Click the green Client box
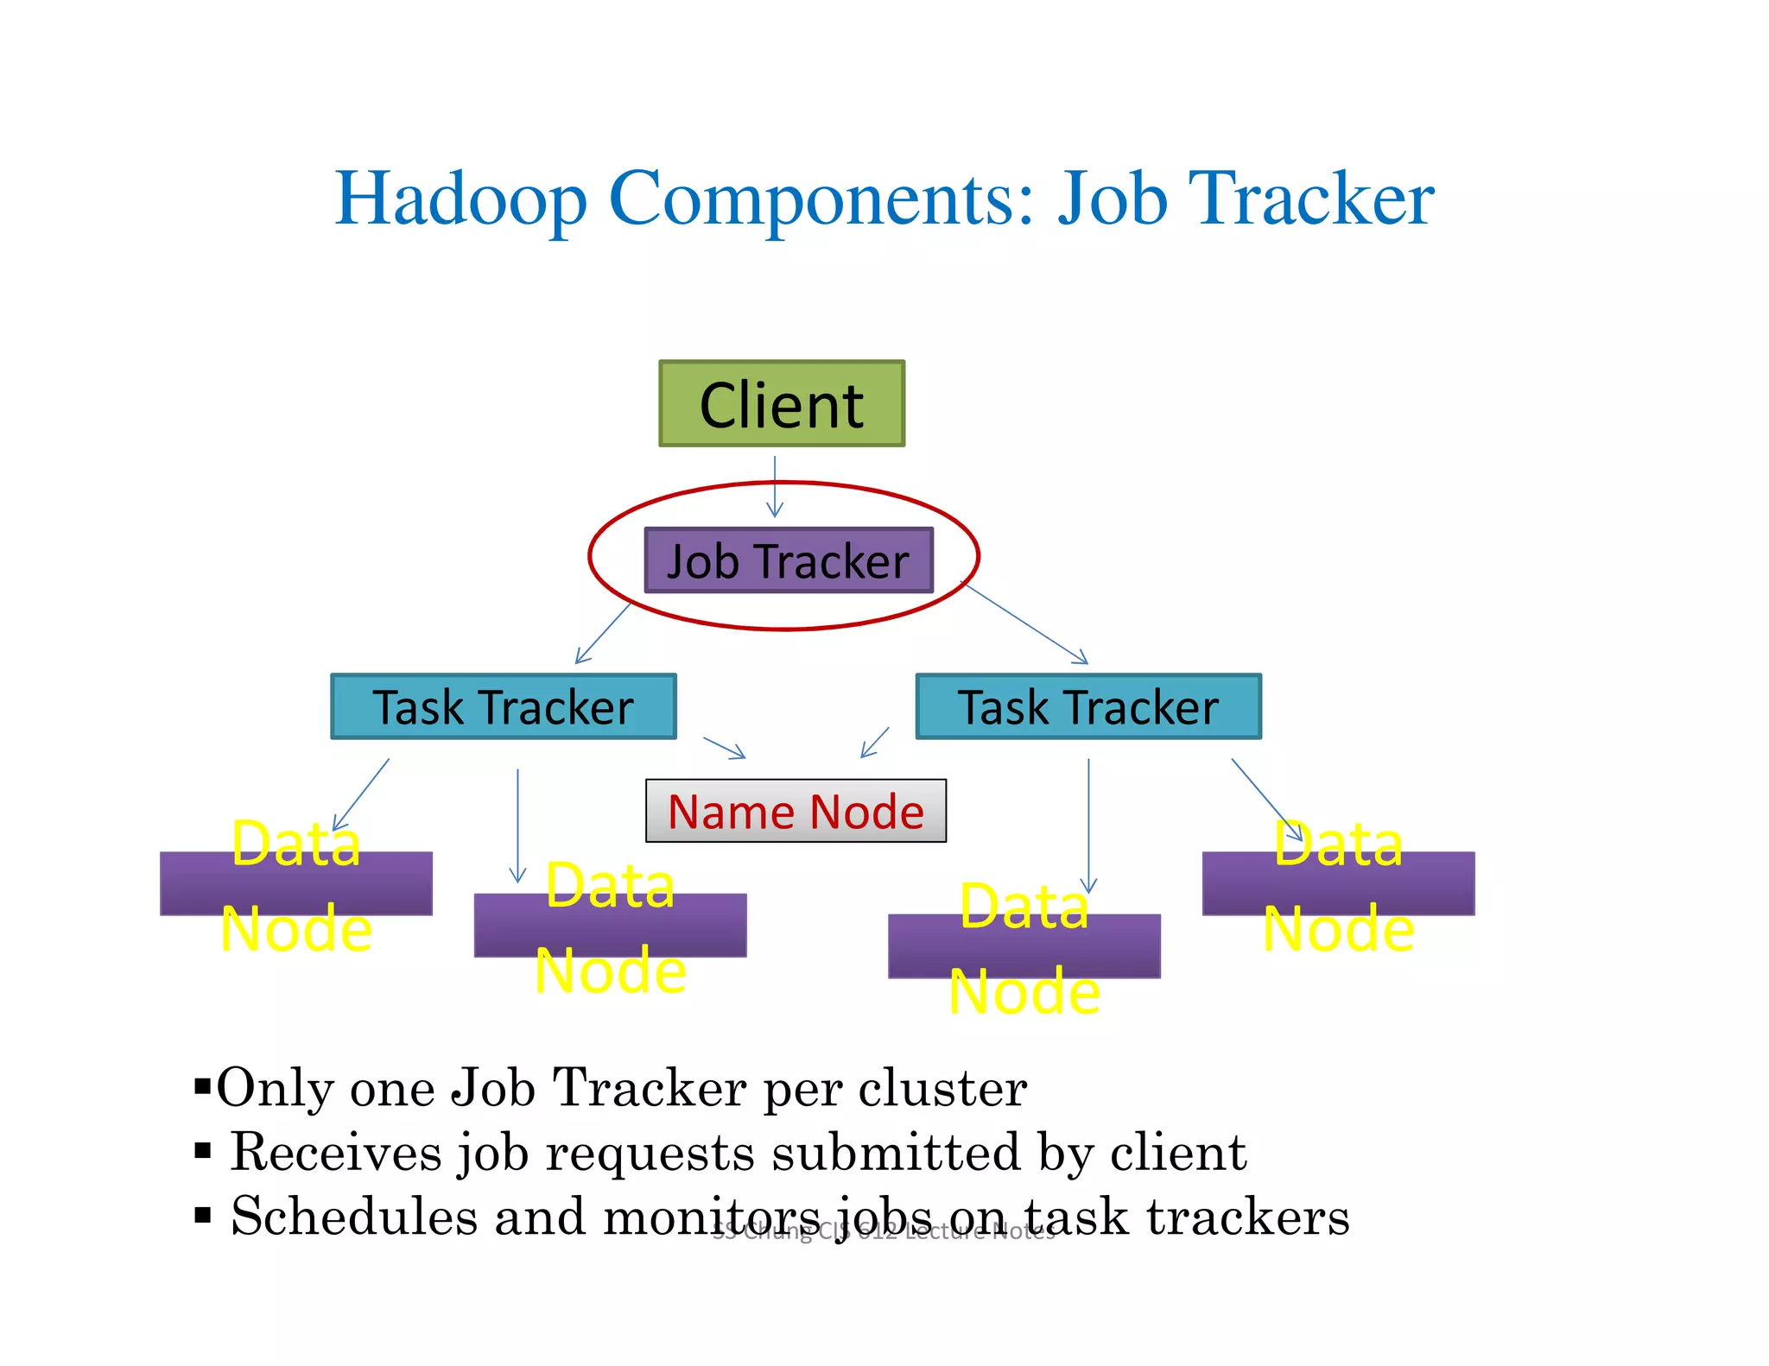pos(782,404)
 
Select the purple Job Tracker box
pos(789,561)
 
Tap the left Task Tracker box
pos(504,707)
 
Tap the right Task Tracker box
pos(1088,707)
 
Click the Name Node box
pos(796,812)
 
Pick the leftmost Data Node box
pos(296,883)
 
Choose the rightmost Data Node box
pos(1338,883)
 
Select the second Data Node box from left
pos(610,925)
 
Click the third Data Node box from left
pos(1024,945)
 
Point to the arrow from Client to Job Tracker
pos(775,487)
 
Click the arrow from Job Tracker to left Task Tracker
pos(603,634)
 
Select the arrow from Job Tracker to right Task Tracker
pos(1025,623)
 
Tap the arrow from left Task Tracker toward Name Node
pos(724,748)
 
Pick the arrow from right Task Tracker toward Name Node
pos(875,743)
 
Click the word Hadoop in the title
pos(460,200)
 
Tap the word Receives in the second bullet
pos(336,1153)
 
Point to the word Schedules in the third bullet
pos(354,1217)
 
